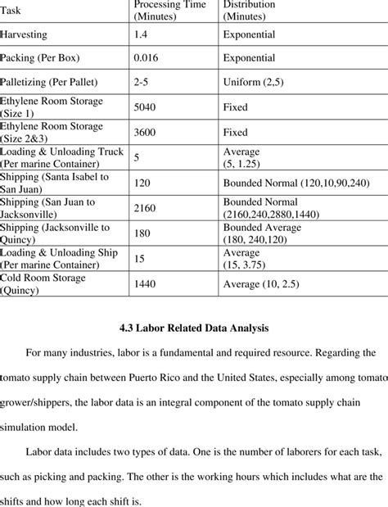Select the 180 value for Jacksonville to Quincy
(x=142, y=233)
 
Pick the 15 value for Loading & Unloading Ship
(x=140, y=258)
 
